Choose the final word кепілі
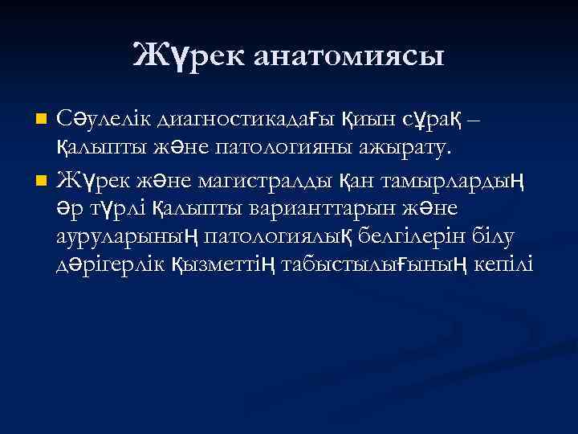[501, 264]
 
